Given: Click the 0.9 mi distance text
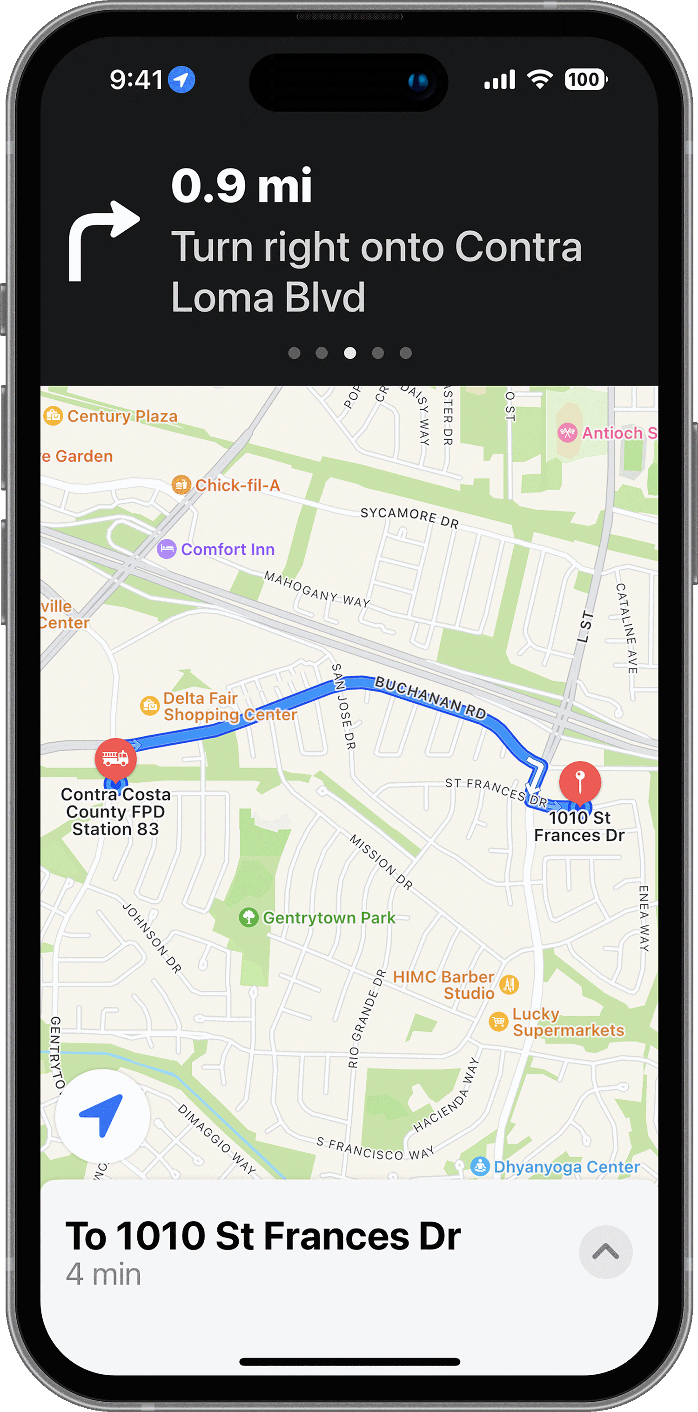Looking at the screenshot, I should click(x=241, y=186).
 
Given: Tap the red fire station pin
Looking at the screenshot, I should click(x=115, y=758).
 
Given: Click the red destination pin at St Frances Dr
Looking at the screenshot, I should click(x=580, y=780).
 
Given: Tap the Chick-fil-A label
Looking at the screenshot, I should click(x=237, y=485).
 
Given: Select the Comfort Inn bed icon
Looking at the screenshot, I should click(x=167, y=549).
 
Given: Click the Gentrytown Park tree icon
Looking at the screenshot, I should click(x=249, y=917).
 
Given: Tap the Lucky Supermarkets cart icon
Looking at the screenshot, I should click(x=498, y=1021).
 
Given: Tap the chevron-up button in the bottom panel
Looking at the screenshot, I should click(x=605, y=1252).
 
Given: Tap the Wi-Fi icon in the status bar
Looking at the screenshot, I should click(x=540, y=80).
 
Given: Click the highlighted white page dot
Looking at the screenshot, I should click(x=349, y=353).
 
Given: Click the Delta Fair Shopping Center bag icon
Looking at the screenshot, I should click(x=149, y=706).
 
